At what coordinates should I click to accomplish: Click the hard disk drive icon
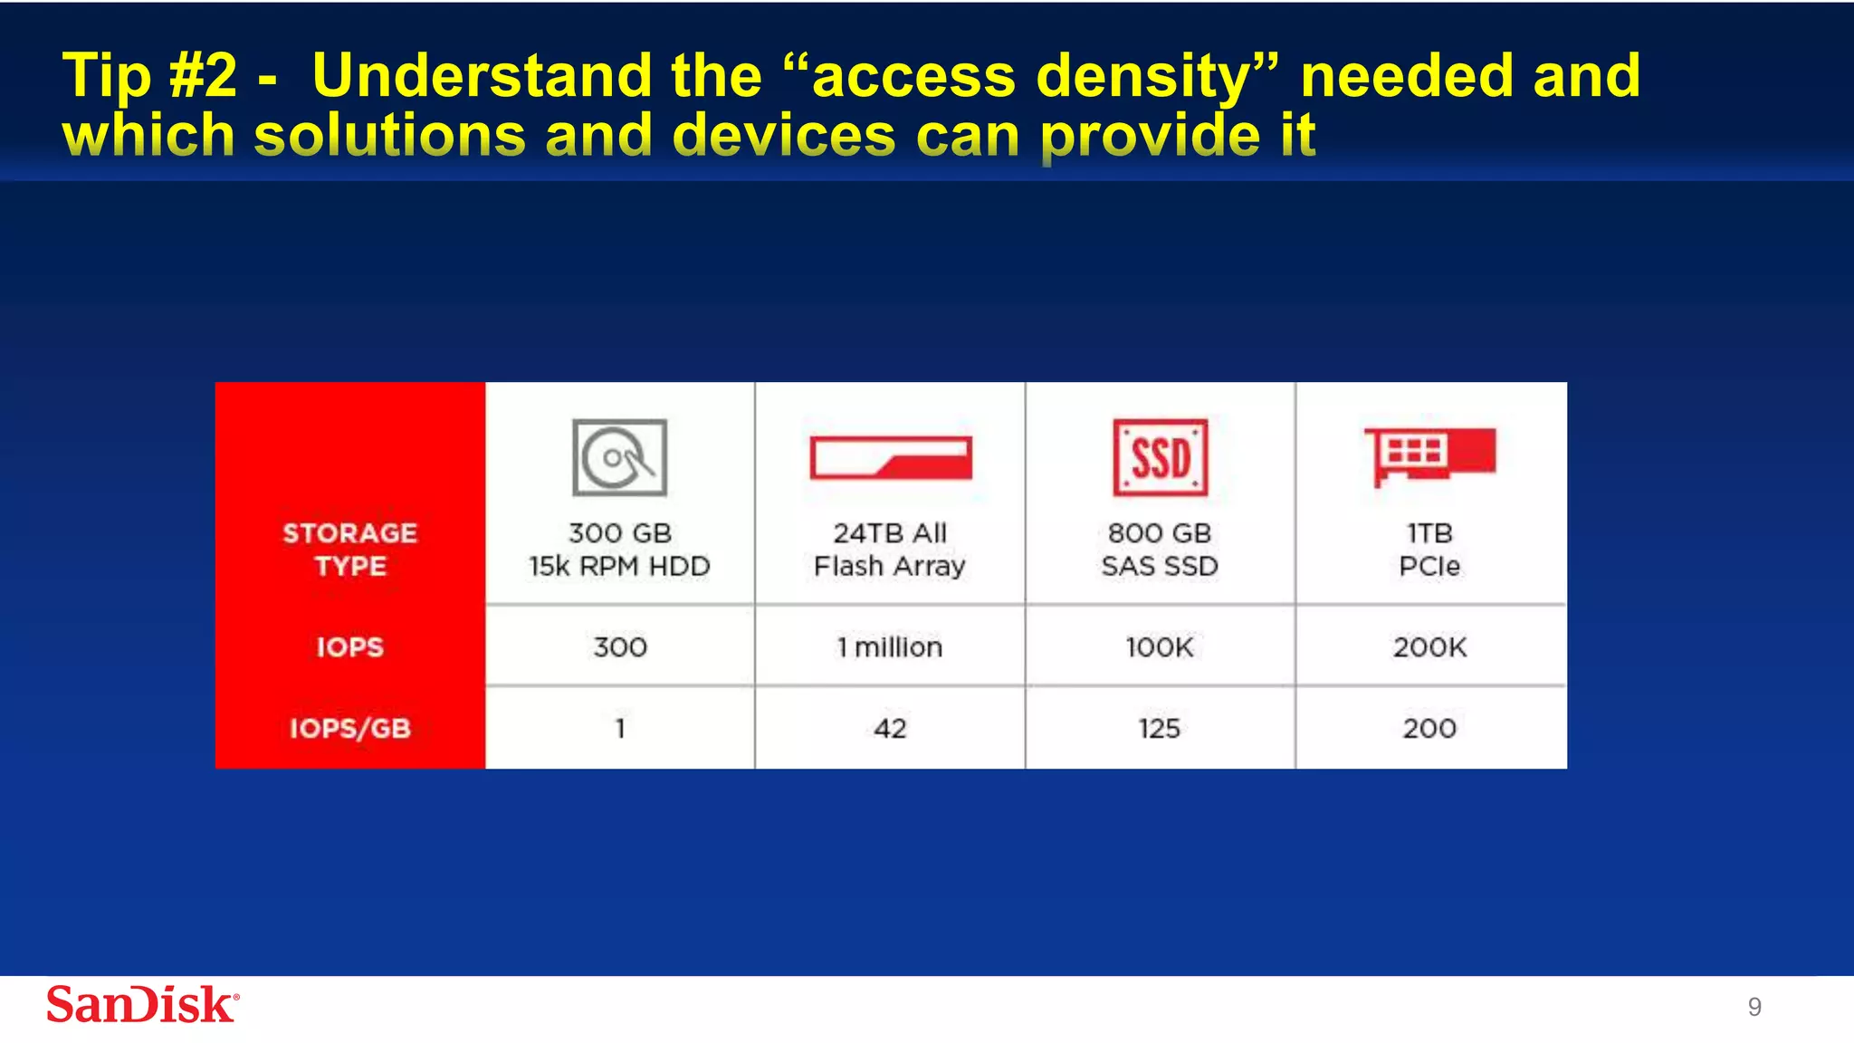(619, 457)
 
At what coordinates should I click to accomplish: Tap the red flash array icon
(891, 457)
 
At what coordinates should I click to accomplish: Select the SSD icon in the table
(1160, 457)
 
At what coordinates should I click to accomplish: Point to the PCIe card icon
(1429, 455)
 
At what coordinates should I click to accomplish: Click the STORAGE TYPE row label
(350, 550)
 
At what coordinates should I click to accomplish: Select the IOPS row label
(350, 647)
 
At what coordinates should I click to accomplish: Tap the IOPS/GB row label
(350, 728)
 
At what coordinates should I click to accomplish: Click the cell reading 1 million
(890, 647)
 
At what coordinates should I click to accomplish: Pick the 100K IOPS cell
(1160, 647)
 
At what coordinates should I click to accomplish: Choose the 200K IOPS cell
(1429, 647)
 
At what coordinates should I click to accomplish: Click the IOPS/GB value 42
(890, 728)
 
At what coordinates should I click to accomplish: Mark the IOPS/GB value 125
(1160, 728)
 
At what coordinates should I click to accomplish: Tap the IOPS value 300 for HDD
(620, 647)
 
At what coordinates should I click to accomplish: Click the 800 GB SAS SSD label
(1160, 550)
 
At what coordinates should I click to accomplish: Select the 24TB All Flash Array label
(890, 550)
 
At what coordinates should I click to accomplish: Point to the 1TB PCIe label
(1429, 550)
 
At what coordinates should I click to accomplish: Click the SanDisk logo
(142, 1005)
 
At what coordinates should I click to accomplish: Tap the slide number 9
(1754, 1007)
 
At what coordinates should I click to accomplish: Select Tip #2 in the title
(149, 76)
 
